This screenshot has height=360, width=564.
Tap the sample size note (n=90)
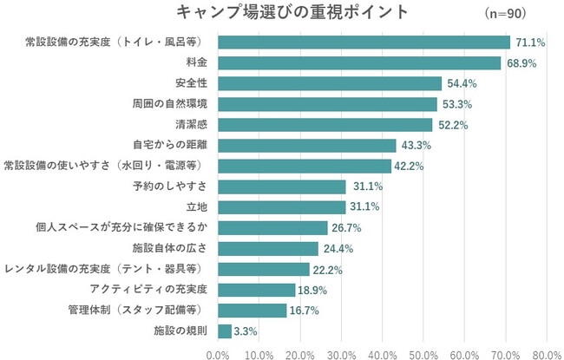point(507,14)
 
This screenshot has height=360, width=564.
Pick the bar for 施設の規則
point(225,331)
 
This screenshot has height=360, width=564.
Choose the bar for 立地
point(282,207)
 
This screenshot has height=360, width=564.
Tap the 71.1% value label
point(531,43)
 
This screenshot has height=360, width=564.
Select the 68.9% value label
point(522,63)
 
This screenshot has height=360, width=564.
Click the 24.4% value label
point(338,249)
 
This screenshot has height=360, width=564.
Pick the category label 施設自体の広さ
point(170,248)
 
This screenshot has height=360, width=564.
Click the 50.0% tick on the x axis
point(423,353)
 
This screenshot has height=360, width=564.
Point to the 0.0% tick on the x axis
point(218,353)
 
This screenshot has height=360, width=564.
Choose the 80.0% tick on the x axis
point(547,353)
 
